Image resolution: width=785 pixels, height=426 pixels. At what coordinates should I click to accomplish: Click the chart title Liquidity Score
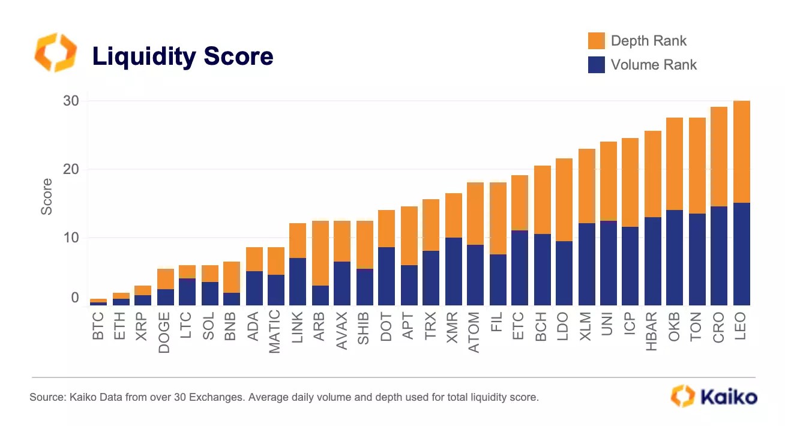click(x=182, y=56)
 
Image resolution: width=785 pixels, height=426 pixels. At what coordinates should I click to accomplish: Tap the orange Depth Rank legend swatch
click(x=596, y=41)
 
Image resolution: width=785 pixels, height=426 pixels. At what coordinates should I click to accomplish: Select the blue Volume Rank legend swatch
click(x=596, y=65)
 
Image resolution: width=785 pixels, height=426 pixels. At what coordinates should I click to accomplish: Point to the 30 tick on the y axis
click(x=71, y=101)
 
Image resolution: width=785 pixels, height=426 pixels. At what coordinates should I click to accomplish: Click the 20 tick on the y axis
click(x=71, y=169)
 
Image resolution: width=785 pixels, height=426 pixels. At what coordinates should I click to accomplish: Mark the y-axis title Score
click(x=47, y=202)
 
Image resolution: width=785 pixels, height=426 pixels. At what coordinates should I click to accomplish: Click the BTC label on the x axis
click(x=98, y=326)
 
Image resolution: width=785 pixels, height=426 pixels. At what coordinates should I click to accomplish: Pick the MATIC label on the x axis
click(x=275, y=331)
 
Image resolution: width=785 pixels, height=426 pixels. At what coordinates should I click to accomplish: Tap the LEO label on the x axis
click(x=741, y=326)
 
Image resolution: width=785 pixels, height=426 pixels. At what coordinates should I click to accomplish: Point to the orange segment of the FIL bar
click(x=498, y=218)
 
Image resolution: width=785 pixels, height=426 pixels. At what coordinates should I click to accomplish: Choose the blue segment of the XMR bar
click(x=454, y=271)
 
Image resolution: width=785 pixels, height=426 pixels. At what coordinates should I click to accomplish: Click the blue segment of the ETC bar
click(x=520, y=268)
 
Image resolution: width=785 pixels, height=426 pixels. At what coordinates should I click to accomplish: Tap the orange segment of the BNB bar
click(x=232, y=277)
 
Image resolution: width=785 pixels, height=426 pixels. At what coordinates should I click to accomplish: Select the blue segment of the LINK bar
click(x=298, y=281)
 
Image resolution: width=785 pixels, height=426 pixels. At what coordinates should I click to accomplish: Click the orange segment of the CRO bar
click(x=719, y=157)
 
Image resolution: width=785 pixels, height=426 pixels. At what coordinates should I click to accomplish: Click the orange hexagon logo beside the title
click(x=55, y=53)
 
